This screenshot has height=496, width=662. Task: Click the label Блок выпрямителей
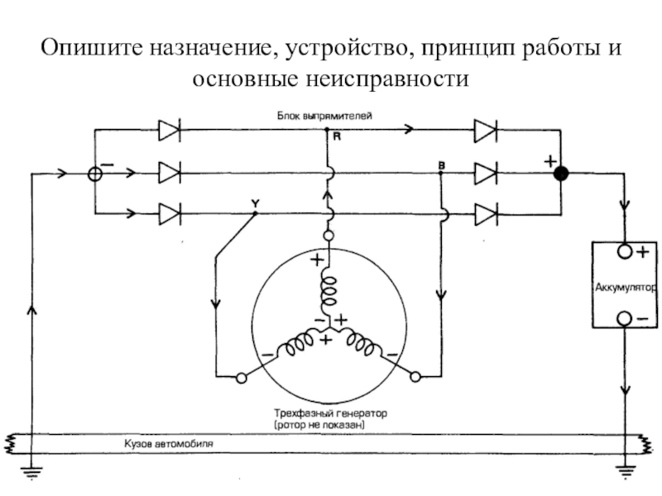[324, 116]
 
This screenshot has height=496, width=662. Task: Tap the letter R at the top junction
[337, 136]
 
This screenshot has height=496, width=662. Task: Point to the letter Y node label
[255, 204]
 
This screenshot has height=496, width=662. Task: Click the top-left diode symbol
[170, 131]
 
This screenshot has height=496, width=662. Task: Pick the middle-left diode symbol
[170, 173]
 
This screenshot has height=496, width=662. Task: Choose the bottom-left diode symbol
[170, 214]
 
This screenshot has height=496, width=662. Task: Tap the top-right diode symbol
[486, 131]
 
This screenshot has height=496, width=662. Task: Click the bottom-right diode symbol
[486, 214]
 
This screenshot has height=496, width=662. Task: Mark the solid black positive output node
[561, 174]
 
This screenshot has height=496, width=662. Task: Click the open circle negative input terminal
[95, 174]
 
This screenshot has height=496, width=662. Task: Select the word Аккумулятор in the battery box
[626, 288]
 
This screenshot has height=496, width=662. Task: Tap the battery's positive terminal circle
[625, 252]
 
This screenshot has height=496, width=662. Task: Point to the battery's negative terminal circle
[625, 318]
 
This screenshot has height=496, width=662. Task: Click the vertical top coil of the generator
[329, 291]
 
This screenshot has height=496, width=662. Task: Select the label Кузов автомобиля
[169, 444]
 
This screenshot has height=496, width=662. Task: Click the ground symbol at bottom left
[31, 473]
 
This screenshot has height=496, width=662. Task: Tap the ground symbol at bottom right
[626, 472]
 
